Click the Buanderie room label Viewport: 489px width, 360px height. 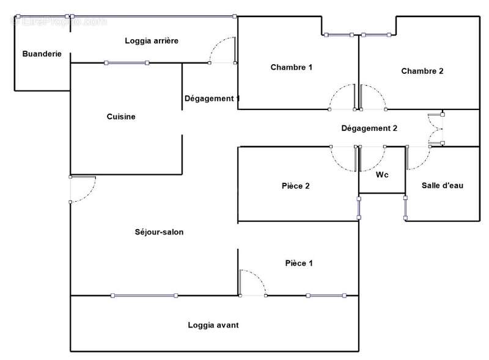[x=42, y=54]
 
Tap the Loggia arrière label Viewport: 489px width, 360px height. [x=152, y=40]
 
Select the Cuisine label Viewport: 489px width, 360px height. [x=121, y=117]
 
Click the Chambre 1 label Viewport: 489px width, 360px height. [x=292, y=67]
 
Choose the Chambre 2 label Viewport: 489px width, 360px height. [x=422, y=71]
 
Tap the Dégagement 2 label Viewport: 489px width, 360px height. [x=369, y=128]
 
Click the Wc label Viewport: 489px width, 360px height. [x=382, y=175]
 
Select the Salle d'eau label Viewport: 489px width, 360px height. [x=443, y=185]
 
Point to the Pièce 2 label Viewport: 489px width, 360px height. [x=296, y=186]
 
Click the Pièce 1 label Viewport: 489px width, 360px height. [x=299, y=263]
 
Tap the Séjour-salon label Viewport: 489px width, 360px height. [x=159, y=232]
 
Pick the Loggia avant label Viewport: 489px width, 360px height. [x=213, y=325]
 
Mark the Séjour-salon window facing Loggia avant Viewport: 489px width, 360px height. [x=144, y=295]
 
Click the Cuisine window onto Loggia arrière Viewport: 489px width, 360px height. [x=127, y=63]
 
